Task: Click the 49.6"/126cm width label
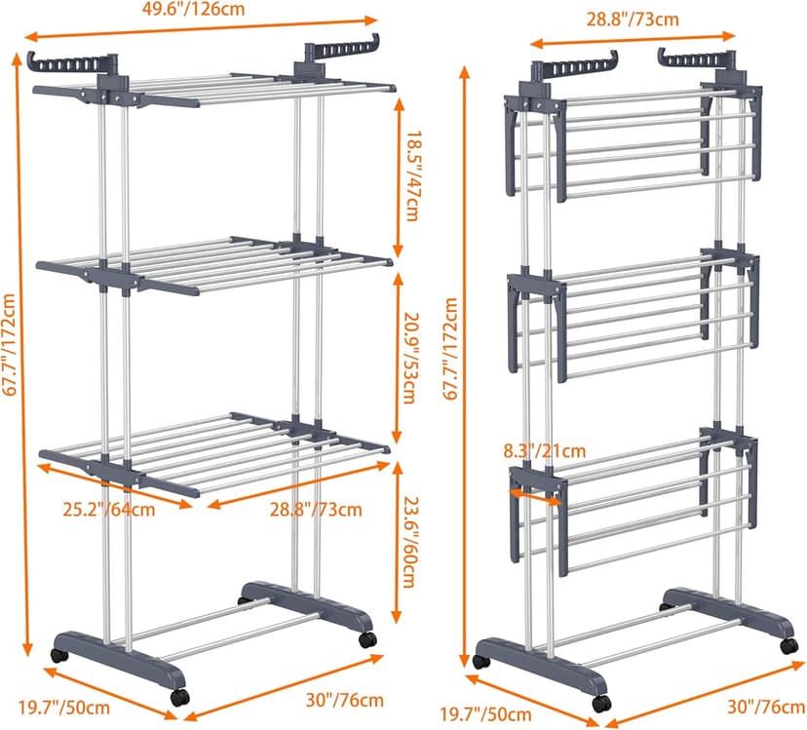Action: pyautogui.click(x=204, y=10)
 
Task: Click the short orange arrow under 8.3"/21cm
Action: pyautogui.click(x=534, y=495)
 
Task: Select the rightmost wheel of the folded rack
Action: pyautogui.click(x=788, y=645)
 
